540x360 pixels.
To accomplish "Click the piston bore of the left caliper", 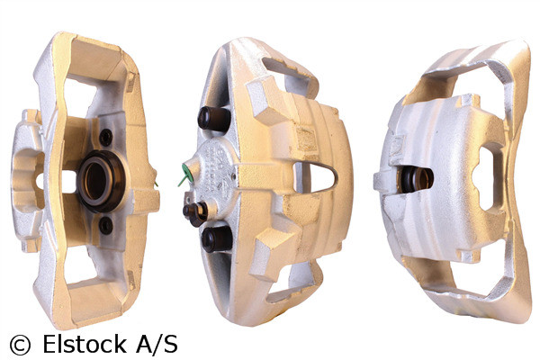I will tap(97, 181).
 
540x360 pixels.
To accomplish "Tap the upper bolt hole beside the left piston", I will tap(106, 137).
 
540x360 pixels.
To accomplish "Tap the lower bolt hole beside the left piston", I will tap(105, 225).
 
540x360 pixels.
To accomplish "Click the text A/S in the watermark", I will tap(155, 344).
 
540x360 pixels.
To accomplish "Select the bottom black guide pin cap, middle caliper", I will tap(212, 238).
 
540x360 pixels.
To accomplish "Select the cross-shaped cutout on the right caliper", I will tap(487, 177).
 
